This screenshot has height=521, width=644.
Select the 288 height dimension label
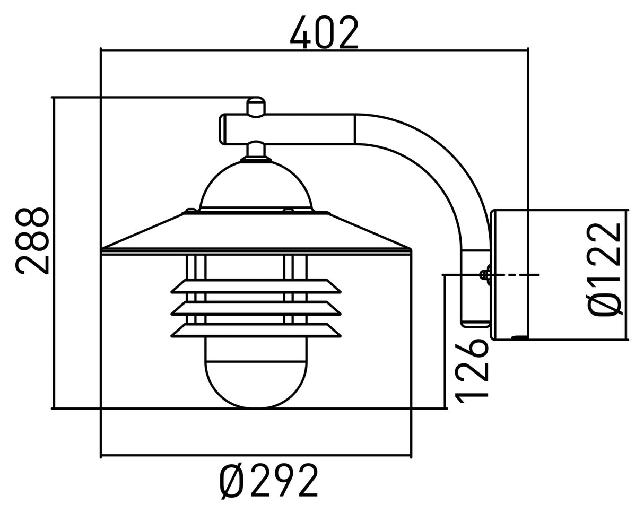coord(33,241)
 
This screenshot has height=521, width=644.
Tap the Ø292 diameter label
coord(269,481)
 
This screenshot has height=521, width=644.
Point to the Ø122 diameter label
coord(604,269)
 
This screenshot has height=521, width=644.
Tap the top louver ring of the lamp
coord(256,286)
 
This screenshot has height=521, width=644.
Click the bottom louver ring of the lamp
coord(256,330)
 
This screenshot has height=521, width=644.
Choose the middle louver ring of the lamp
coord(256,308)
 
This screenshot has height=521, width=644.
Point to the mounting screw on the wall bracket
coord(484,275)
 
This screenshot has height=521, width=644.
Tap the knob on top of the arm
coord(256,107)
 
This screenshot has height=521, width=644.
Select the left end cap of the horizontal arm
coord(223,129)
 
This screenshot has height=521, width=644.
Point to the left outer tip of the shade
coord(103,248)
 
